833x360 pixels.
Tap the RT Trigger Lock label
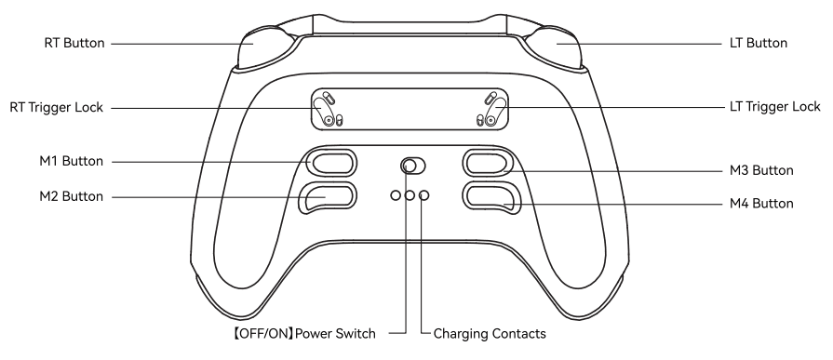point(55,108)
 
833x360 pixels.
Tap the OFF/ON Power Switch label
point(323,331)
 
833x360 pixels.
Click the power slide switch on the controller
point(410,167)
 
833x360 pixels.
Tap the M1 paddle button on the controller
point(330,163)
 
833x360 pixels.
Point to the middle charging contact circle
point(410,196)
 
